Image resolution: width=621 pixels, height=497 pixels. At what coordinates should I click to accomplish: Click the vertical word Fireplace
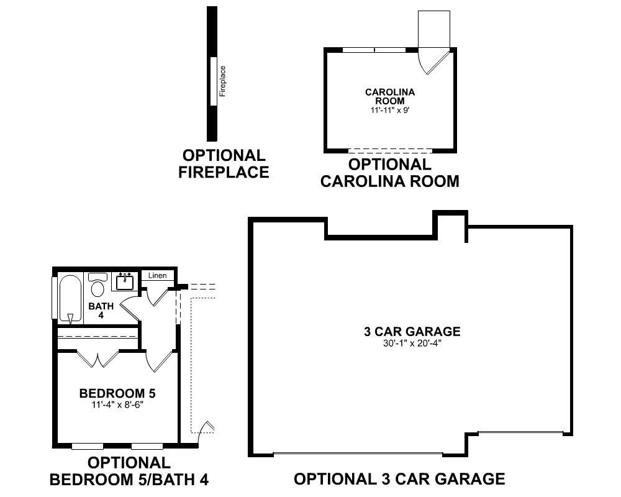point(223,81)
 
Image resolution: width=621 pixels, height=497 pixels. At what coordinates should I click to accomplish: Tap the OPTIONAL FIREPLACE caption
point(224,164)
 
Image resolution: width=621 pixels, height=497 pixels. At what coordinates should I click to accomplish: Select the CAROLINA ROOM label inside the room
point(389,96)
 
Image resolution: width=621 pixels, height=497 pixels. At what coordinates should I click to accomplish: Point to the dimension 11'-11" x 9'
point(389,110)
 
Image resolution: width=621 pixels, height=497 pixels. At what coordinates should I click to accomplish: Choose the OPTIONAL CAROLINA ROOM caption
point(389,173)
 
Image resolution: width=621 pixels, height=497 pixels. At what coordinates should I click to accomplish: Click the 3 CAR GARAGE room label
point(412,332)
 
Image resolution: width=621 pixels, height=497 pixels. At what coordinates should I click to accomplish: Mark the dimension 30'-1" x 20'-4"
point(412,342)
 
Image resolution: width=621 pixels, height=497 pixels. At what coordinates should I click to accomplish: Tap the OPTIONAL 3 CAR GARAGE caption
point(399,479)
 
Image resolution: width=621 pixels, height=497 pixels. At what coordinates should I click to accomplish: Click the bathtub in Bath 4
point(70,299)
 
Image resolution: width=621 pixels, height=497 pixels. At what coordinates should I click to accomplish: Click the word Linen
point(157,275)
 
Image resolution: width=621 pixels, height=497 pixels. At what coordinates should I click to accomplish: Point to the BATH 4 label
point(101,310)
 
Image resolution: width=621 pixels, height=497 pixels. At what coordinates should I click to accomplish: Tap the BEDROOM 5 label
point(117,393)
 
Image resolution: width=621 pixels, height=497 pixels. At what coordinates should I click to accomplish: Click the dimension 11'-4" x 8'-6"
point(117,404)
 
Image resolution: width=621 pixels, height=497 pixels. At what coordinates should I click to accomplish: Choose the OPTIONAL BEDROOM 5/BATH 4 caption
point(129,471)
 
